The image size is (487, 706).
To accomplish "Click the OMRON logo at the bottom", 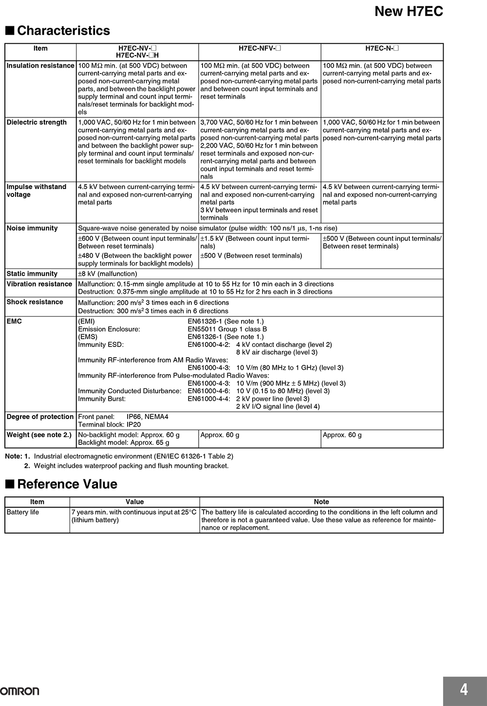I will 20,691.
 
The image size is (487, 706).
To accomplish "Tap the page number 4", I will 464,689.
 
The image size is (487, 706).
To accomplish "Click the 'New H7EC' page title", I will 409,12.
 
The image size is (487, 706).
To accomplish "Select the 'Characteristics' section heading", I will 63,31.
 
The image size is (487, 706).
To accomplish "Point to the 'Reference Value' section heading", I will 67,484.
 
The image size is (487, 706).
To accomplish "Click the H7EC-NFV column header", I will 260,48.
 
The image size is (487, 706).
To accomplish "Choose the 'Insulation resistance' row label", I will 40,66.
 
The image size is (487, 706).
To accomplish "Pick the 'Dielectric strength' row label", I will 37,122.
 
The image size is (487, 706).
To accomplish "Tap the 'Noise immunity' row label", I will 32,228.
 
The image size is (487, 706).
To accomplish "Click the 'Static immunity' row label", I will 32,274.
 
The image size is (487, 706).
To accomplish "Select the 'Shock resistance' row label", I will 35,302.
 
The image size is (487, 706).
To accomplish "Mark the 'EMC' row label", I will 14,322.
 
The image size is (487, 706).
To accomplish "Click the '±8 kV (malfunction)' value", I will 108,274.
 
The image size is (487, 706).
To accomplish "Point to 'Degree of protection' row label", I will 40,417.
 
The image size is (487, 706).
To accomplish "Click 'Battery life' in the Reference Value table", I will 23,512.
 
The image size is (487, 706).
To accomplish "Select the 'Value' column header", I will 134,502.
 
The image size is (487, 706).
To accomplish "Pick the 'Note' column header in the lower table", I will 321,502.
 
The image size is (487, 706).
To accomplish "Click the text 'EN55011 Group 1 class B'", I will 227,329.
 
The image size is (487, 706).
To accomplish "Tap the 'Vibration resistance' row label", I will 39,284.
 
